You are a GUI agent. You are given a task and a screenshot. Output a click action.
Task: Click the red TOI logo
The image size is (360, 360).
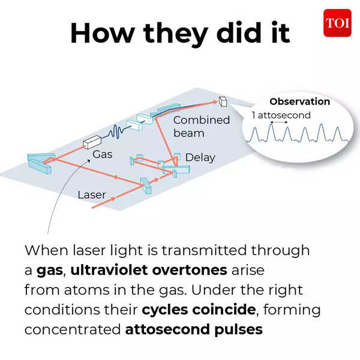point(337,23)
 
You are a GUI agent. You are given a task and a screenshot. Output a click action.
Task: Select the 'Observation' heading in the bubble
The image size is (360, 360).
point(299,102)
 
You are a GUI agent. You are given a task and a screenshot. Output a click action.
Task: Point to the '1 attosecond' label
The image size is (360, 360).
point(281,115)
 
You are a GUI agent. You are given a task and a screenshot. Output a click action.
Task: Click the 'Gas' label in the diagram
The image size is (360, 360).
point(103,154)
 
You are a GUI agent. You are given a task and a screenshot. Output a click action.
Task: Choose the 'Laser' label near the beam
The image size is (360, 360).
point(92,194)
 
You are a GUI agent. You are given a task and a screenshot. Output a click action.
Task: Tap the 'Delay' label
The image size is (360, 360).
point(200,158)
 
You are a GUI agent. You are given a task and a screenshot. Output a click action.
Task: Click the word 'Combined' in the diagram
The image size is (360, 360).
point(202,120)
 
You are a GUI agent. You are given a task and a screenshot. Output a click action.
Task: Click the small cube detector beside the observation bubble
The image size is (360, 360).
point(223,101)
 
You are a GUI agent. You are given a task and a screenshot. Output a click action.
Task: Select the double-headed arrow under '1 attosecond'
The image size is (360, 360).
point(279,122)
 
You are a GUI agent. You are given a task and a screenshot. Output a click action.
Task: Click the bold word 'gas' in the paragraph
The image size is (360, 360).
point(49,271)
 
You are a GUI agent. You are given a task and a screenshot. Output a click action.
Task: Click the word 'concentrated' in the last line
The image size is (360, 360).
point(72,329)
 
